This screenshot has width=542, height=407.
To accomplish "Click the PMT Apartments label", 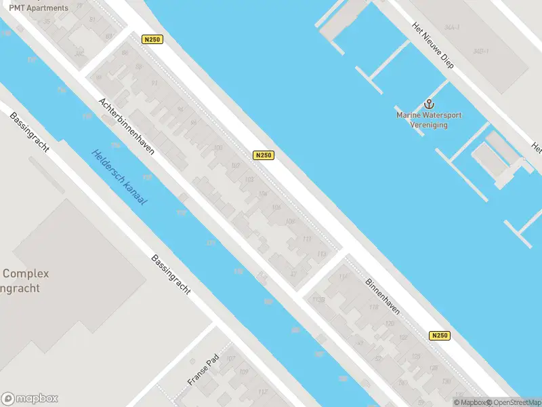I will (39, 8).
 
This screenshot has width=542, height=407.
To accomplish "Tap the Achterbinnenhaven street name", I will (127, 126).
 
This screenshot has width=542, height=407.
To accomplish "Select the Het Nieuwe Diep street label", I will (432, 44).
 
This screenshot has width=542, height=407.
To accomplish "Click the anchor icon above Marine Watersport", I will (428, 104).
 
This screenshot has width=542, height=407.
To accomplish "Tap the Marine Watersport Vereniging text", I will (429, 119).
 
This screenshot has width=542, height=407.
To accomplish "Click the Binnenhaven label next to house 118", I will (383, 296).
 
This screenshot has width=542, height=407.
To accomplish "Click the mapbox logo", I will (30, 399).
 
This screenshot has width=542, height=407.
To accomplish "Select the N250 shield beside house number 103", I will (264, 155).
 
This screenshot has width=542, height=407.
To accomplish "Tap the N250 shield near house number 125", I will (440, 335).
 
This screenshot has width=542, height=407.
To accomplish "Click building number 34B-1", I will (482, 51).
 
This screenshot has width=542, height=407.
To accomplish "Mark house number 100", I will (217, 147).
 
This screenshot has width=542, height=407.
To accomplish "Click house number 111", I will (307, 239).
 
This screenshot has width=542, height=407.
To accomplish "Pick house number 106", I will (275, 207).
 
